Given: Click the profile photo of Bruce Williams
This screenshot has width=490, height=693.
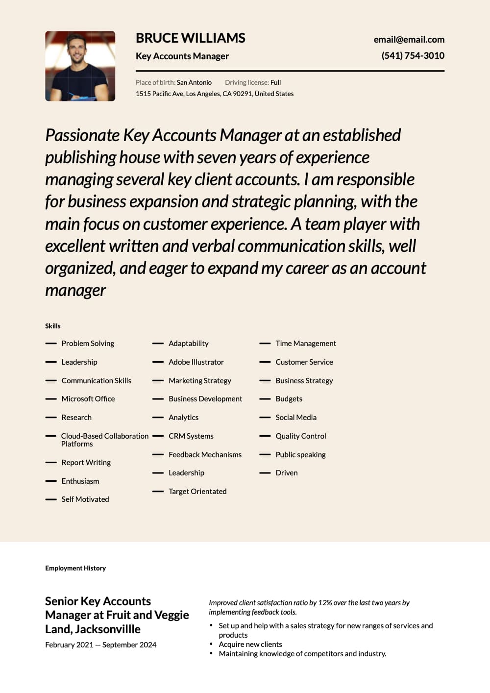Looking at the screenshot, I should pyautogui.click(x=80, y=66).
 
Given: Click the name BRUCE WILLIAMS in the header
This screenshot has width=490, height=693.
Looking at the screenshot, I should pyautogui.click(x=190, y=38).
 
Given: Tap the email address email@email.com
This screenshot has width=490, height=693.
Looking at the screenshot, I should pyautogui.click(x=409, y=40).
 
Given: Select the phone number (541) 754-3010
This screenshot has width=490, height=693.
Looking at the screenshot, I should pyautogui.click(x=413, y=56).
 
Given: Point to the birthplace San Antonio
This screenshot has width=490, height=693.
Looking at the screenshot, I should pyautogui.click(x=194, y=83).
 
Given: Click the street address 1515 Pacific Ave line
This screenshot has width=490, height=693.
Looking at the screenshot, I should pyautogui.click(x=215, y=94).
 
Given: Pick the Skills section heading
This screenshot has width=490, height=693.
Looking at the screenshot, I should pyautogui.click(x=53, y=326).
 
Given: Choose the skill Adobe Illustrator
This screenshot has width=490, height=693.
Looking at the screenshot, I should pyautogui.click(x=196, y=362).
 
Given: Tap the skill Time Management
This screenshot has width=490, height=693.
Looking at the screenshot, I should pyautogui.click(x=306, y=344).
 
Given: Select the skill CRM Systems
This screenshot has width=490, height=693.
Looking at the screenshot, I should pyautogui.click(x=191, y=436).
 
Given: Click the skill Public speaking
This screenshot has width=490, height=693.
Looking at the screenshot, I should pyautogui.click(x=300, y=455).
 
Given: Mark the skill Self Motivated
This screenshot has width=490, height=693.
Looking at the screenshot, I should pyautogui.click(x=85, y=499).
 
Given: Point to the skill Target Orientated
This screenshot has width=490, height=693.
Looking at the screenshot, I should pyautogui.click(x=197, y=492).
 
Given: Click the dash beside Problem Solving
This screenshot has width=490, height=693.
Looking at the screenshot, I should pyautogui.click(x=51, y=344).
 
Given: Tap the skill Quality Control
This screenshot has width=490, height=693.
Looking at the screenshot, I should pyautogui.click(x=301, y=436).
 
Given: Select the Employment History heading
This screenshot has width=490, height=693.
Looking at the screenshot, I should pyautogui.click(x=75, y=569).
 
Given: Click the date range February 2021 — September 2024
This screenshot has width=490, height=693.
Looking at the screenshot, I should pyautogui.click(x=101, y=645).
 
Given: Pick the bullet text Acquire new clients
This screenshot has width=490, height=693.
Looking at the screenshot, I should pyautogui.click(x=250, y=644).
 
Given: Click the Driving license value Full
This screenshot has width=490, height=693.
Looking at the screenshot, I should pyautogui.click(x=276, y=83).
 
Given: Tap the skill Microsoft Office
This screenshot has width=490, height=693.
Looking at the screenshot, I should pyautogui.click(x=88, y=399).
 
